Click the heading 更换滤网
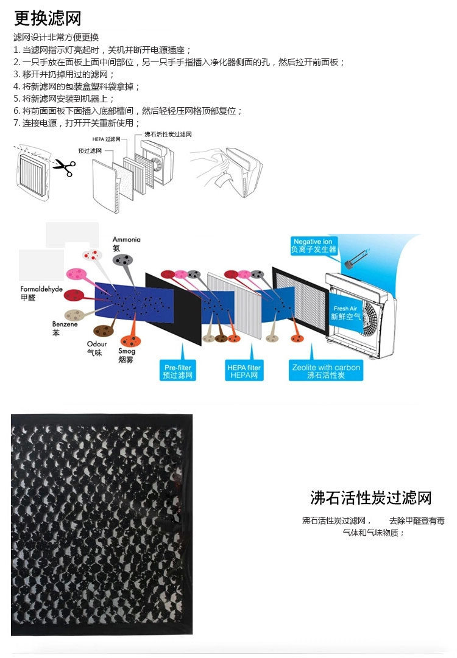coord(48,18)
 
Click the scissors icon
coord(64,167)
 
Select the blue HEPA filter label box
coord(244,371)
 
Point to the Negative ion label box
coord(314,245)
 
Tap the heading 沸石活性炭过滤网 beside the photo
coord(370,499)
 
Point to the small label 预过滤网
coord(91,150)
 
